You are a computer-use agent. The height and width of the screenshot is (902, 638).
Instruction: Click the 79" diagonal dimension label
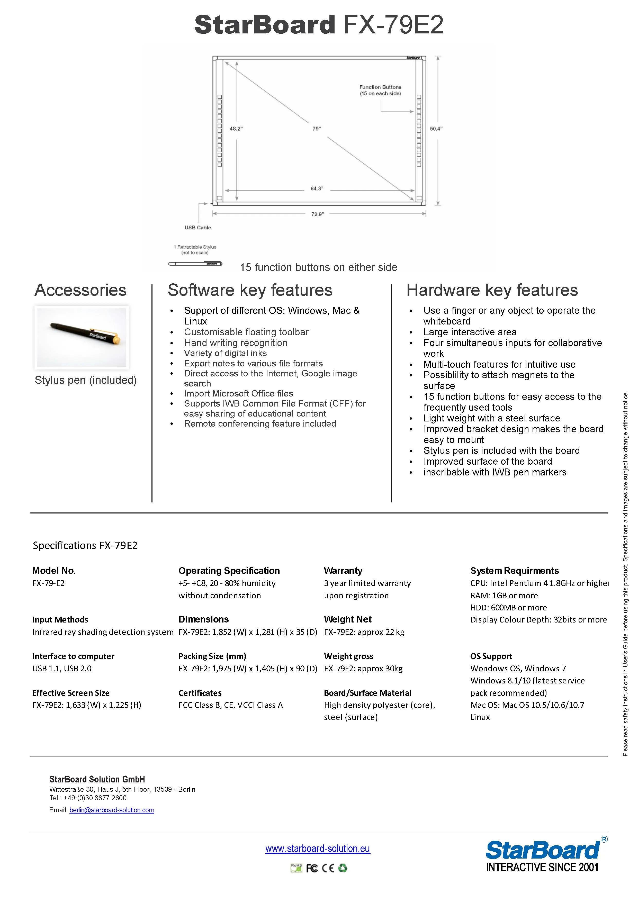click(317, 129)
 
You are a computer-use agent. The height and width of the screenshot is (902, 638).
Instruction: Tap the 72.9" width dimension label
click(317, 214)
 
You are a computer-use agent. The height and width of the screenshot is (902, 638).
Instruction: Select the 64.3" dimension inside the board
click(317, 188)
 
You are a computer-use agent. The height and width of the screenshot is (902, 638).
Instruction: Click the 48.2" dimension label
click(236, 129)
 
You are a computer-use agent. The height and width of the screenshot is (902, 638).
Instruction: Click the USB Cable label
click(197, 228)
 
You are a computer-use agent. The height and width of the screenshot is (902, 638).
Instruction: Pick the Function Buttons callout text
click(380, 90)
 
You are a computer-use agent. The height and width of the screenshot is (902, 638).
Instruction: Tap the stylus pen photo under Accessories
click(82, 337)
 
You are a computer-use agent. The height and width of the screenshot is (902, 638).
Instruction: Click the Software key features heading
click(250, 290)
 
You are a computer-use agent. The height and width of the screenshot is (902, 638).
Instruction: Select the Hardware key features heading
click(492, 290)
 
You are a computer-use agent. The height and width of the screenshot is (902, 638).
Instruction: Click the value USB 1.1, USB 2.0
click(62, 668)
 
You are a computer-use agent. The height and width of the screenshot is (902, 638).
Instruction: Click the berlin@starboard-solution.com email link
click(112, 810)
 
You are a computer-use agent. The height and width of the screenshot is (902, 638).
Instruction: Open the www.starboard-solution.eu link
click(317, 848)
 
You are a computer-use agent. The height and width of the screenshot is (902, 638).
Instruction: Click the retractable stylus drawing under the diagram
click(195, 263)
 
